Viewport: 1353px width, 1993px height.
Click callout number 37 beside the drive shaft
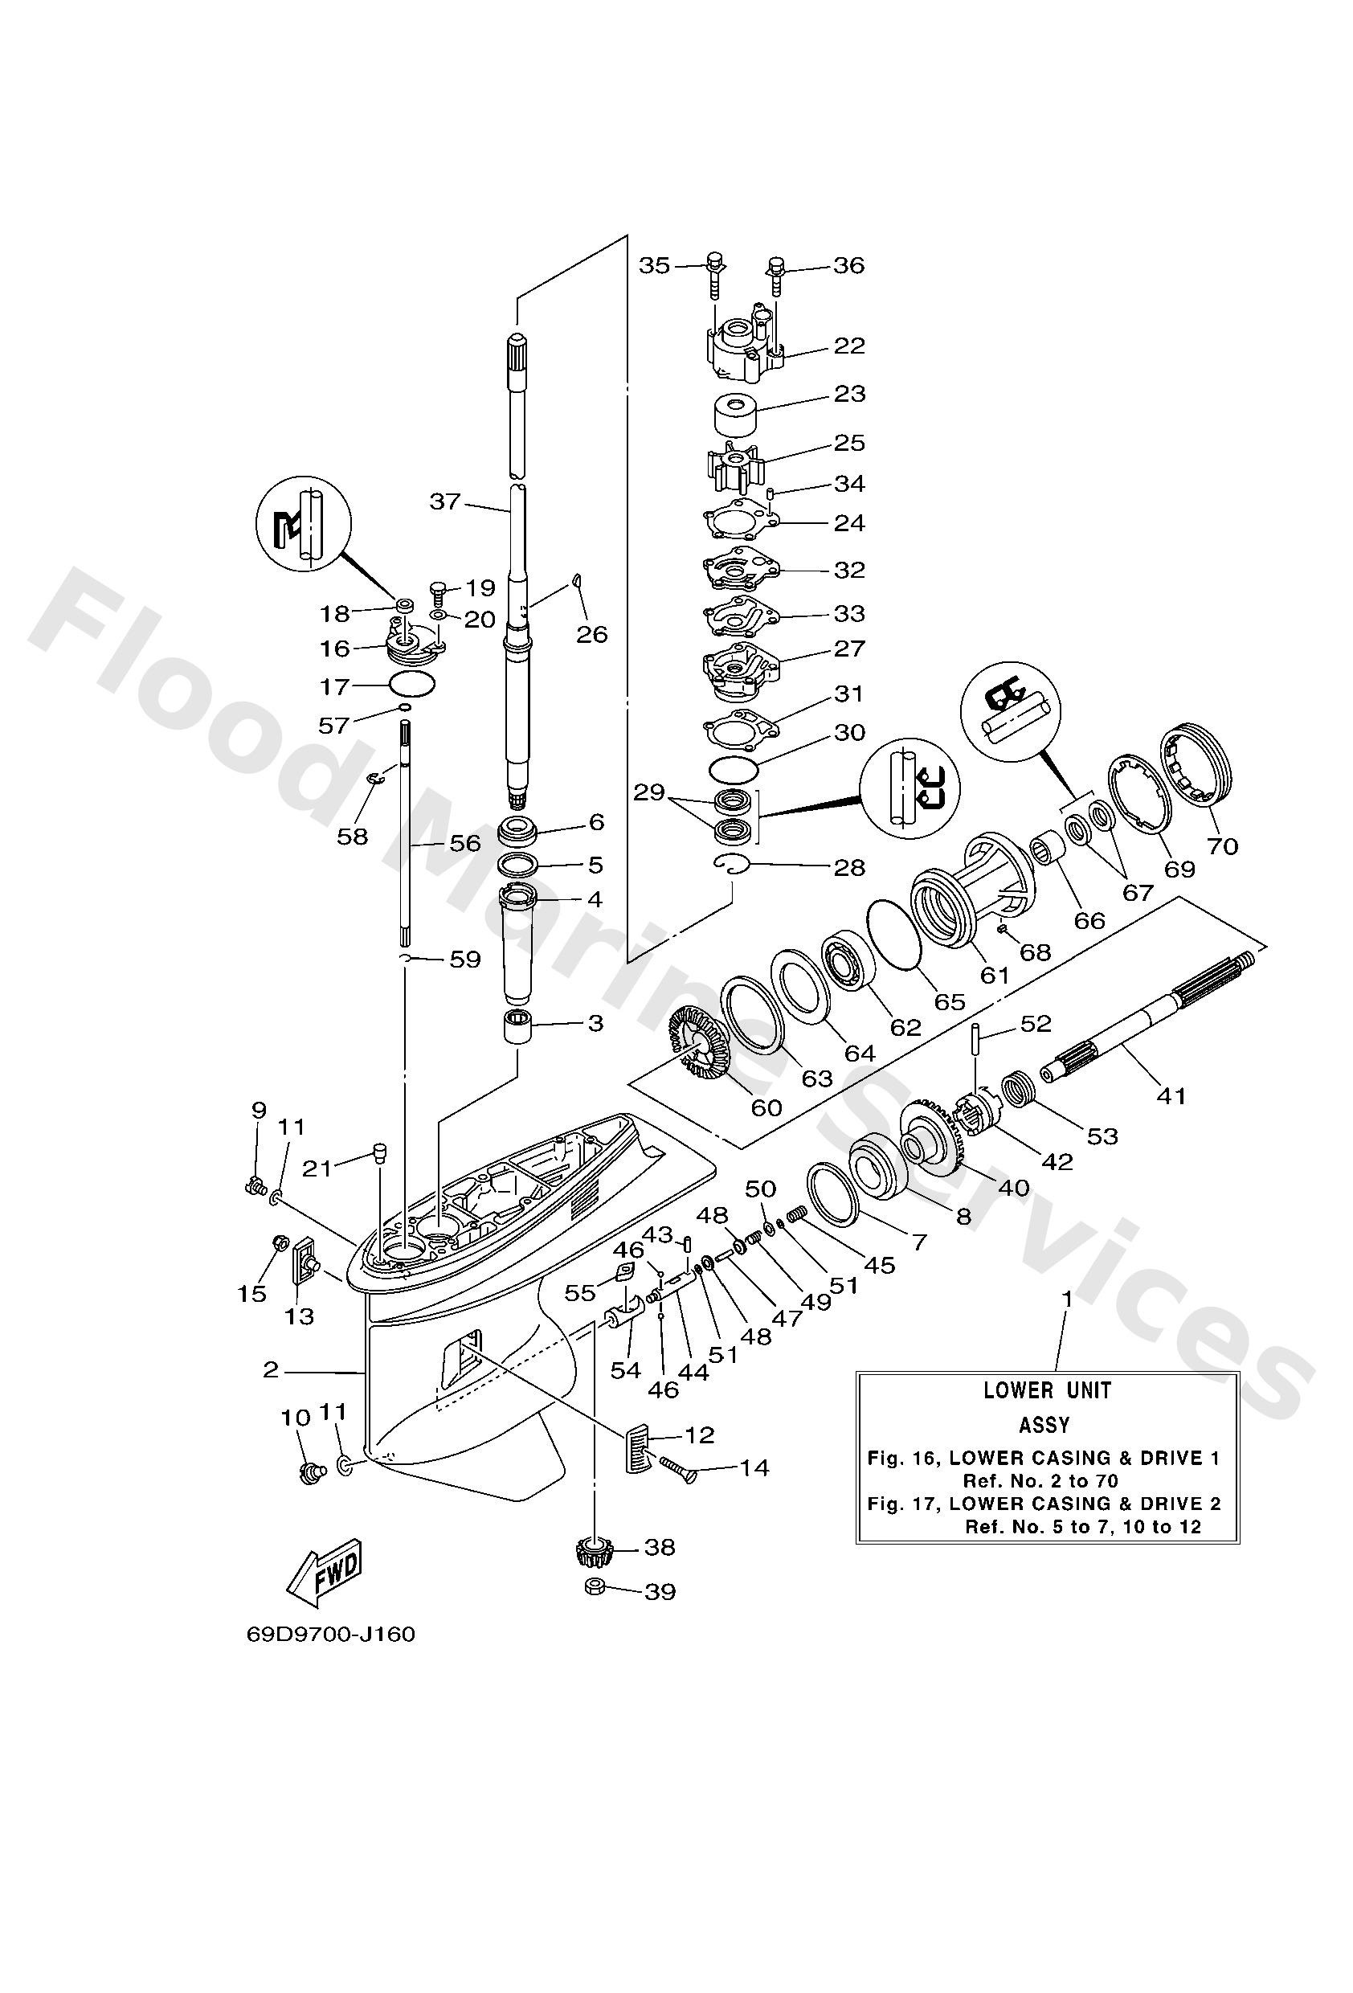point(445,501)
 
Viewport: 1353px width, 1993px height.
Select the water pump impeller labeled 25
point(735,467)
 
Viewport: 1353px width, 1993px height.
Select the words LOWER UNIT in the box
point(1047,1391)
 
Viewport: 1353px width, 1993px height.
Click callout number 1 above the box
point(1068,1299)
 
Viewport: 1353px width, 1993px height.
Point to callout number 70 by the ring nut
point(1222,845)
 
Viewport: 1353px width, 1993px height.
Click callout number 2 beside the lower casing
point(271,1369)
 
